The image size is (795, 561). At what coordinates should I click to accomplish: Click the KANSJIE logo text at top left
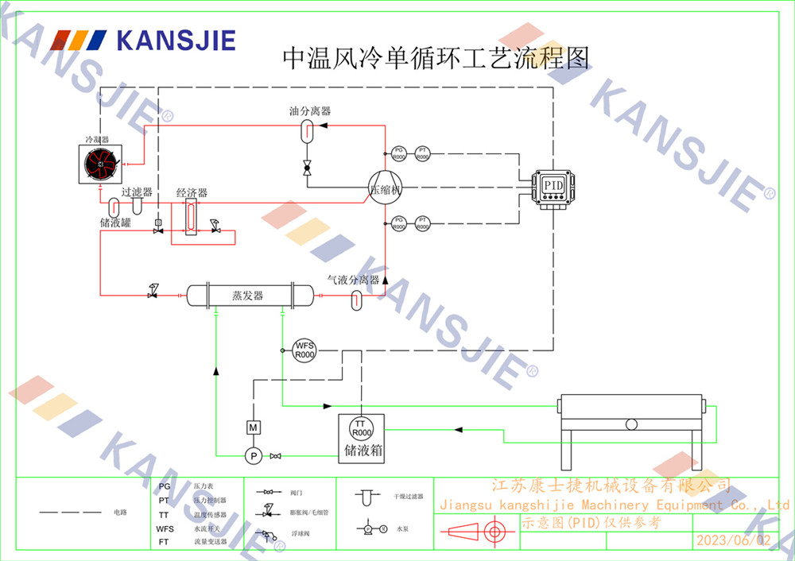point(176,41)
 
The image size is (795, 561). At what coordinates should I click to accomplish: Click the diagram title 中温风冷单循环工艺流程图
point(436,58)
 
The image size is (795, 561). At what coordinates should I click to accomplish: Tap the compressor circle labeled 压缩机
point(386,189)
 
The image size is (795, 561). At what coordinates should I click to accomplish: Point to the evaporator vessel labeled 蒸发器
point(248,296)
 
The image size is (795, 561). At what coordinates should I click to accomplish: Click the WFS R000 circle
point(304,350)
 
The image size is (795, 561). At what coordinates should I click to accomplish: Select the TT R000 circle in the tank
point(361,428)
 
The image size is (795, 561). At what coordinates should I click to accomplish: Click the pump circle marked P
point(252,455)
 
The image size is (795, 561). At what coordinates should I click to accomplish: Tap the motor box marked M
point(253,428)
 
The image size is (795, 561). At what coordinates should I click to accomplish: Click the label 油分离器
point(310,111)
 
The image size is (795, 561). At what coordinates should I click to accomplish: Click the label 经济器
point(192,193)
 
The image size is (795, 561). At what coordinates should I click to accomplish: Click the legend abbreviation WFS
point(165,528)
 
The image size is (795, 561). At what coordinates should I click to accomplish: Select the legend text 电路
point(119,513)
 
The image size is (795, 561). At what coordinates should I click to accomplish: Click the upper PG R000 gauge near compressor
point(399,154)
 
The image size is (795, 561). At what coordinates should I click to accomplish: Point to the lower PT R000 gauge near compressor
point(423,224)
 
